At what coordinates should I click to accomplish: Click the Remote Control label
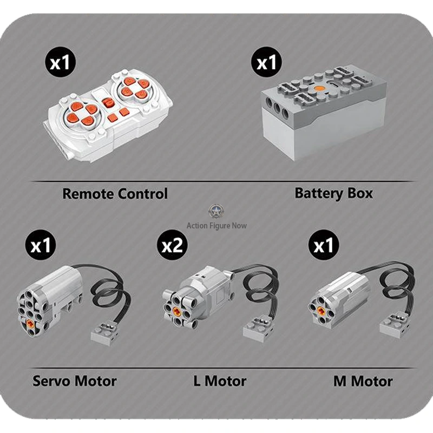pyautogui.click(x=115, y=194)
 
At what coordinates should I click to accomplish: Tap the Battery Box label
pyautogui.click(x=333, y=193)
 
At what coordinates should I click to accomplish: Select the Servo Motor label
pyautogui.click(x=75, y=381)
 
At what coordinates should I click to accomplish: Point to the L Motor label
pyautogui.click(x=220, y=381)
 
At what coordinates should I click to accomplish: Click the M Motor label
pyautogui.click(x=363, y=381)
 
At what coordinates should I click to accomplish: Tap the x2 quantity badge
pyautogui.click(x=172, y=245)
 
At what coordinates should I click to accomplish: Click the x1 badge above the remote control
pyautogui.click(x=60, y=62)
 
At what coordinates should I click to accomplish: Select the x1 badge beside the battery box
pyautogui.click(x=266, y=62)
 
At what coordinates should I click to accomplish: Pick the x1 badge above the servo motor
pyautogui.click(x=41, y=245)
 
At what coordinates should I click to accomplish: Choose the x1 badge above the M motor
pyautogui.click(x=324, y=245)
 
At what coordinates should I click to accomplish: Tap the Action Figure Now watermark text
pyautogui.click(x=216, y=226)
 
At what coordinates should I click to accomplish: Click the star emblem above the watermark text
pyautogui.click(x=216, y=211)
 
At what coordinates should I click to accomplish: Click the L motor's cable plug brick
pyautogui.click(x=257, y=329)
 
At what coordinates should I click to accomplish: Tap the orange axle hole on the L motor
pyautogui.click(x=178, y=311)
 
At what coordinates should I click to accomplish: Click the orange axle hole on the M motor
pyautogui.click(x=321, y=311)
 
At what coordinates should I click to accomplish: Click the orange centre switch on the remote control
pyautogui.click(x=109, y=103)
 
